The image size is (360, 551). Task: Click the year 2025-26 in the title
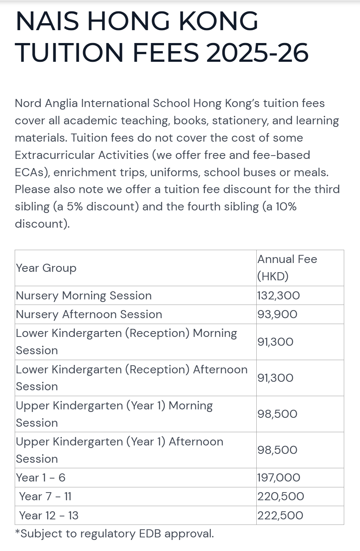pos(257,52)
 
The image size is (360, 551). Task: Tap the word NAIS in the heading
pos(47,21)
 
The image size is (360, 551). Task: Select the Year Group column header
pos(46,268)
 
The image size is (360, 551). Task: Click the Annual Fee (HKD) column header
pos(287,267)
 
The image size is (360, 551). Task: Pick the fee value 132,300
pos(278,295)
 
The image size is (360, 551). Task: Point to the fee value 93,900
pos(277,314)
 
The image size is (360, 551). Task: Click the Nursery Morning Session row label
pos(83,295)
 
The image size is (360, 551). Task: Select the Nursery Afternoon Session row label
pos(89,314)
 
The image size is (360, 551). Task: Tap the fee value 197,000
pos(279,477)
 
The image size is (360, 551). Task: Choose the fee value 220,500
pos(281,496)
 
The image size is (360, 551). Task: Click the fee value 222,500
pos(280,515)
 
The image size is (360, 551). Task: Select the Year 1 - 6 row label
pos(40,477)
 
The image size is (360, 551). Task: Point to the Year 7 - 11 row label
pos(45,496)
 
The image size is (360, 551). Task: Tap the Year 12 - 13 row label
pos(49,515)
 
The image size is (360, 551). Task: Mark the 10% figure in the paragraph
pos(286,206)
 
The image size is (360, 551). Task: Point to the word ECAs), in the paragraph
pos(32,172)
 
